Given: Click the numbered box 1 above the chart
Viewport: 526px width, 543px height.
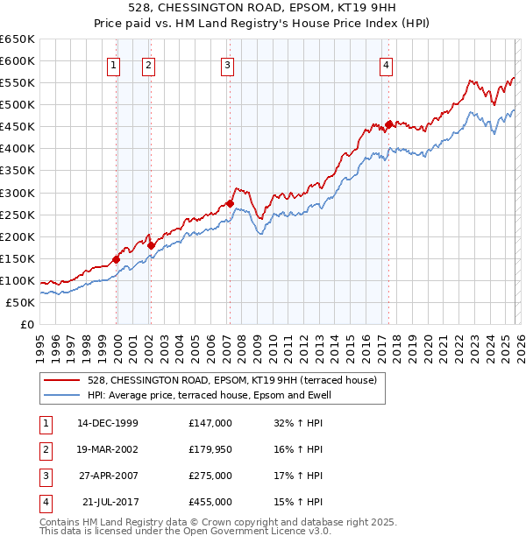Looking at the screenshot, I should (114, 64).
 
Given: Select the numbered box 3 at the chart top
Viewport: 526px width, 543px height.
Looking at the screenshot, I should (227, 64).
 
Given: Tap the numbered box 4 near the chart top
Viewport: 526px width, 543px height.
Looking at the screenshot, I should (386, 64).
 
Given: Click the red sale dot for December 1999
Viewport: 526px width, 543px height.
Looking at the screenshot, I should (117, 259).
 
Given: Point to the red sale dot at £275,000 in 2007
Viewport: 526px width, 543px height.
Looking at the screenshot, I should (230, 203).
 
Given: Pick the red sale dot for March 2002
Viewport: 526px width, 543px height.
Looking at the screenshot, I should (151, 245).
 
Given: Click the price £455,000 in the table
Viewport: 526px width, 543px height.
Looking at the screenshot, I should (210, 502).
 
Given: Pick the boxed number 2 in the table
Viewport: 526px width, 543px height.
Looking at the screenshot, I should (44, 449).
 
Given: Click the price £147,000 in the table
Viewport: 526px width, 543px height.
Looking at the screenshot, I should (210, 423).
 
